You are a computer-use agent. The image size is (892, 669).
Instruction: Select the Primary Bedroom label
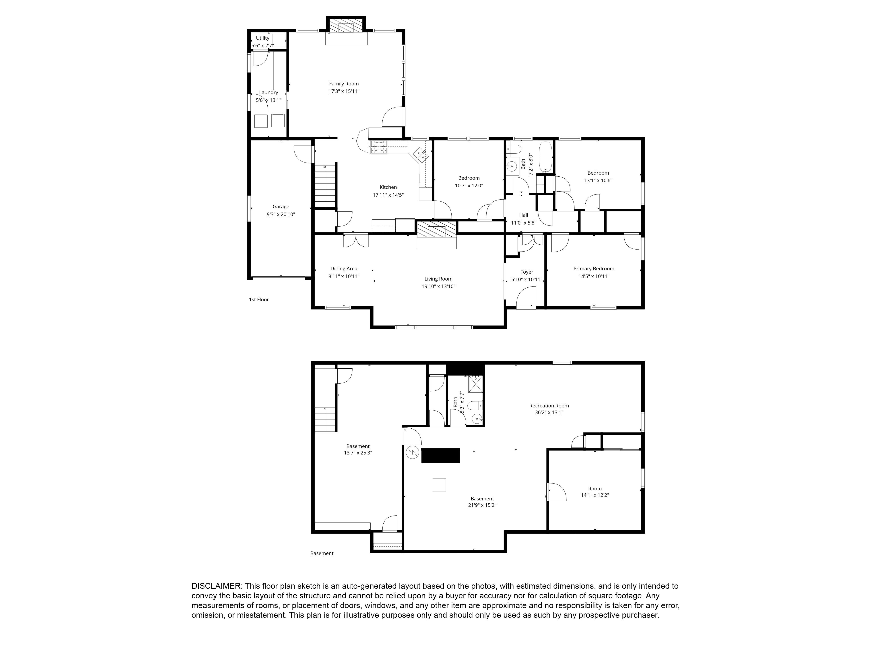pos(594,268)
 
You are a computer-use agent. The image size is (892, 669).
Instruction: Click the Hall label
pos(523,215)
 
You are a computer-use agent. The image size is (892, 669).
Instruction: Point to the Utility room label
pos(262,38)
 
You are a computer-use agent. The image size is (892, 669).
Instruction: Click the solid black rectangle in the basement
pos(440,455)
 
